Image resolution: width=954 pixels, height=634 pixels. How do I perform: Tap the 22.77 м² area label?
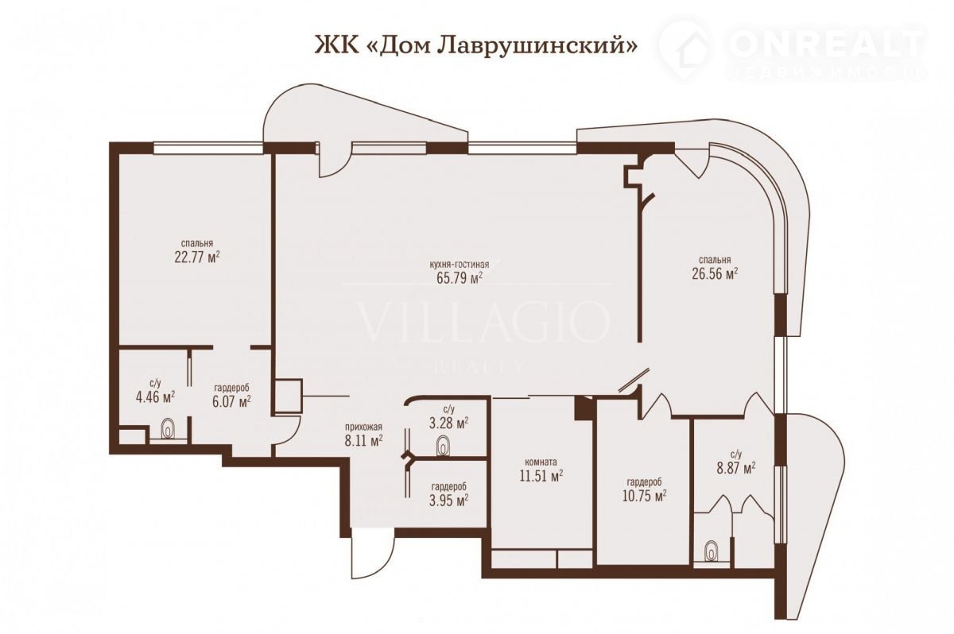pyautogui.click(x=197, y=257)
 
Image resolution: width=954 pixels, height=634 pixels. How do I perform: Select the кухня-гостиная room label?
pyautogui.click(x=460, y=265)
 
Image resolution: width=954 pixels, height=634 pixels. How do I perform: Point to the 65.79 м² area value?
pyautogui.click(x=460, y=278)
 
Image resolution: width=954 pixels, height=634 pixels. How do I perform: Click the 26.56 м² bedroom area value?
pyautogui.click(x=715, y=273)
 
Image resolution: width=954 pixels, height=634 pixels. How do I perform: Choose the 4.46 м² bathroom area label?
pyautogui.click(x=155, y=397)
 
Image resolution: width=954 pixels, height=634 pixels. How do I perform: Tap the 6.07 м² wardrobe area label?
pyautogui.click(x=231, y=401)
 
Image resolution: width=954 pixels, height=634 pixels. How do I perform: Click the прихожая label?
pyautogui.click(x=364, y=427)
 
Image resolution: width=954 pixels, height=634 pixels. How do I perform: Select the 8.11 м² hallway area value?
pyautogui.click(x=364, y=440)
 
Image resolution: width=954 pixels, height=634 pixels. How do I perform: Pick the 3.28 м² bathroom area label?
pyautogui.click(x=449, y=423)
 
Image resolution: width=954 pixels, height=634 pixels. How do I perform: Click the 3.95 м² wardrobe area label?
pyautogui.click(x=449, y=500)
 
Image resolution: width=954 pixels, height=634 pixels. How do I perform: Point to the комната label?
pyautogui.click(x=541, y=462)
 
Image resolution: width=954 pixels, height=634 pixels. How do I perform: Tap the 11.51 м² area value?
pyautogui.click(x=541, y=475)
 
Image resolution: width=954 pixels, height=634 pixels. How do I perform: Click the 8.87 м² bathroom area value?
pyautogui.click(x=736, y=468)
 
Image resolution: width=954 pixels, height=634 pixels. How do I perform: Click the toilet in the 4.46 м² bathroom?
pyautogui.click(x=169, y=430)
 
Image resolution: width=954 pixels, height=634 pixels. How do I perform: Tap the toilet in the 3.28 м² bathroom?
pyautogui.click(x=444, y=447)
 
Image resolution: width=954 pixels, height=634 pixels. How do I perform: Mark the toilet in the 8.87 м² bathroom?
pyautogui.click(x=712, y=553)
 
